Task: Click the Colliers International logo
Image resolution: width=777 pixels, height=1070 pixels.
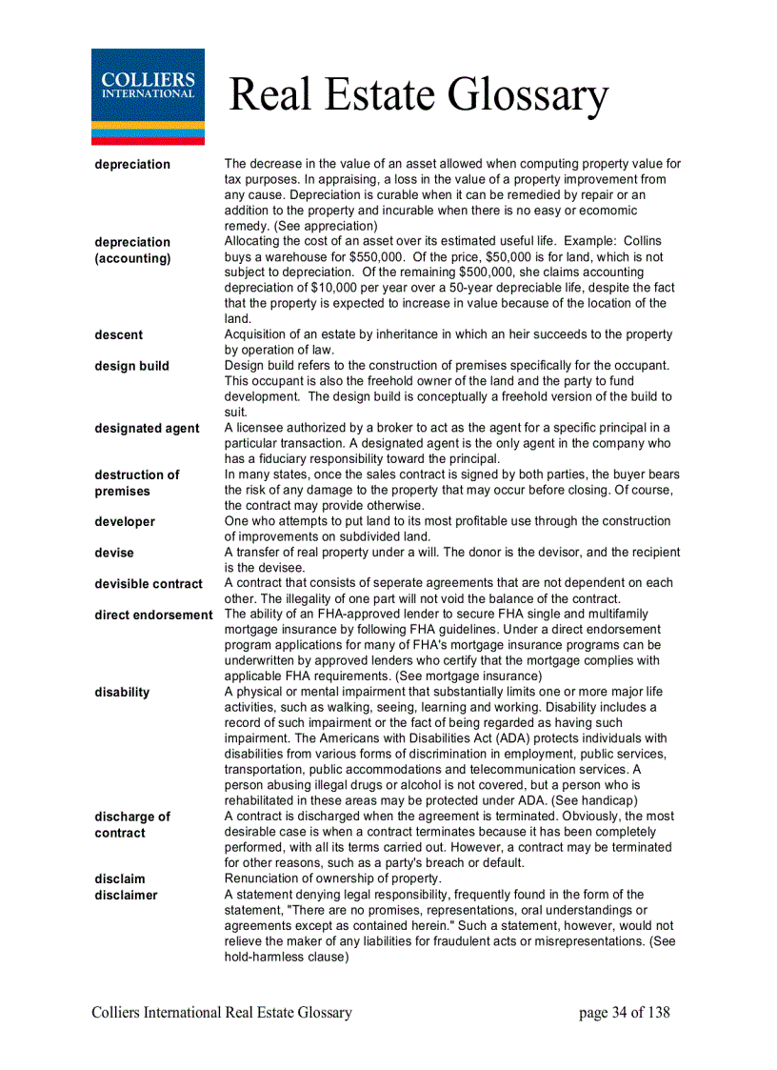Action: [148, 96]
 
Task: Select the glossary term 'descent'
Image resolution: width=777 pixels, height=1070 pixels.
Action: [119, 334]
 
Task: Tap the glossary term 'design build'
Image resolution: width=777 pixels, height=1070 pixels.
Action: [132, 366]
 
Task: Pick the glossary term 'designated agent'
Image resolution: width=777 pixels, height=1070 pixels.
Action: [147, 428]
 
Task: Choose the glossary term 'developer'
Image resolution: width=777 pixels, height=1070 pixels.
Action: [125, 521]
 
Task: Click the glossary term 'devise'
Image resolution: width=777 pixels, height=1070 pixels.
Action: [114, 553]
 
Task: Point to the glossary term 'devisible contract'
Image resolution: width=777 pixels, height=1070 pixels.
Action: [149, 583]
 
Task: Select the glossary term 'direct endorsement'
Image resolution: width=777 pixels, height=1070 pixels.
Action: [153, 615]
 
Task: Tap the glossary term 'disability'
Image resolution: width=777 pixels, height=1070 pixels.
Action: [122, 692]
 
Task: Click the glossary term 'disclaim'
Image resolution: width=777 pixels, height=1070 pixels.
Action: [120, 878]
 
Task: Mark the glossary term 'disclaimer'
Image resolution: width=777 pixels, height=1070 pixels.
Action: [126, 895]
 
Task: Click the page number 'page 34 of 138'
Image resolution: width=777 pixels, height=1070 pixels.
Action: [624, 1012]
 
